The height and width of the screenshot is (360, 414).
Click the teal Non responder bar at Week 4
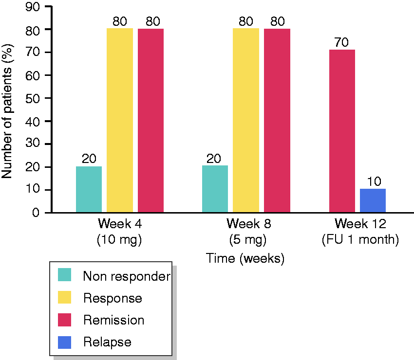point(89,189)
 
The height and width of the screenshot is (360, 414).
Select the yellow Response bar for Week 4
point(120,120)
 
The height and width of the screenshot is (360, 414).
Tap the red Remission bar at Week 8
point(277,121)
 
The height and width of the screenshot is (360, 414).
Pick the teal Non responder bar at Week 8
point(215,189)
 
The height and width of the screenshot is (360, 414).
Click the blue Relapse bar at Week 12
point(373,200)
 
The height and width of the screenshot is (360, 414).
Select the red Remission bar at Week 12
point(342,131)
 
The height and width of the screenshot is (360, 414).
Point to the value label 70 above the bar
point(341,42)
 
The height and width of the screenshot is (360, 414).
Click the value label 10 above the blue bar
point(374,181)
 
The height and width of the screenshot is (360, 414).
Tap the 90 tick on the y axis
point(33,7)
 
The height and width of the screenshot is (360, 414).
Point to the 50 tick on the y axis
point(33,99)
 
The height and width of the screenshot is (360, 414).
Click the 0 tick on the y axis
point(36,212)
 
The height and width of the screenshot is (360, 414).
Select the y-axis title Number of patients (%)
point(7,111)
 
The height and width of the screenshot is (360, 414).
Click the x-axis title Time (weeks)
point(245,258)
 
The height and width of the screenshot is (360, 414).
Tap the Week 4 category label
point(120,224)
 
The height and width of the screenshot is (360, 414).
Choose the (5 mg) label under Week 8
point(247,240)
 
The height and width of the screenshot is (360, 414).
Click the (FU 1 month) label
point(360,240)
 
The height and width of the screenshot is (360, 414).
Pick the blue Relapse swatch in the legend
point(64,342)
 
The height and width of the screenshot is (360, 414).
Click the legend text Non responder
point(127,276)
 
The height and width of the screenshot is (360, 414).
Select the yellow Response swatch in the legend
point(64,297)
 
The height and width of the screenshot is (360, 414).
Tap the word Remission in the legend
point(114,320)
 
